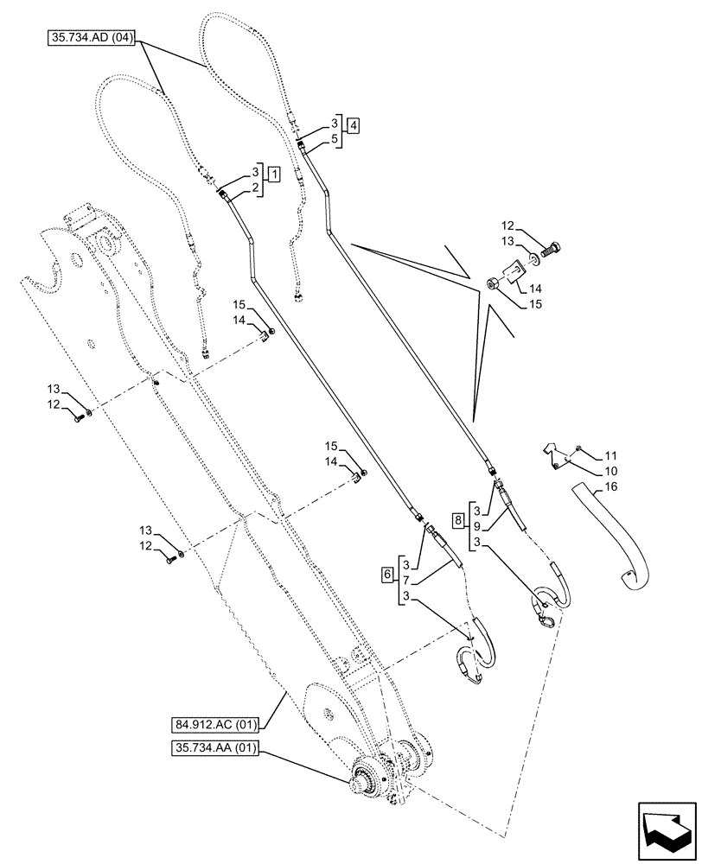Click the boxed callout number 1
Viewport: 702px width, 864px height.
coord(273,174)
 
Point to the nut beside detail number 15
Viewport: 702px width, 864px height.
coord(494,285)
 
